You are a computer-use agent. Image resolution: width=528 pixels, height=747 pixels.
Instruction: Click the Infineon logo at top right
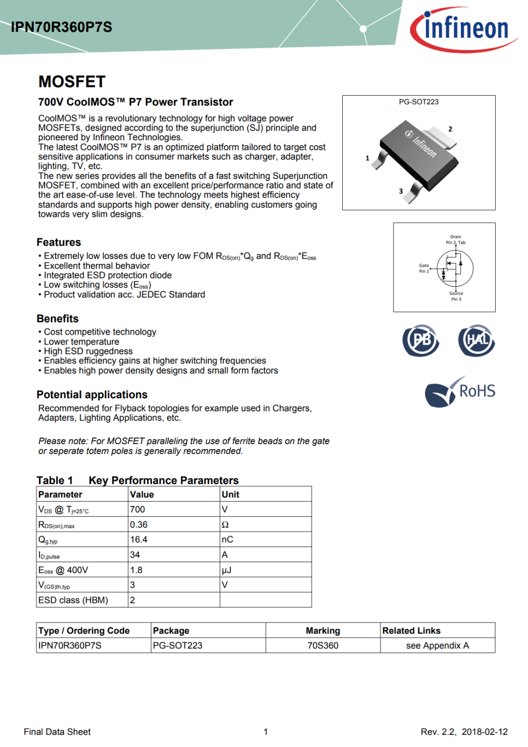pyautogui.click(x=463, y=29)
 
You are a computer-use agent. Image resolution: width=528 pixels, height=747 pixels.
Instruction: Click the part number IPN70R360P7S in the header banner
pyautogui.click(x=62, y=27)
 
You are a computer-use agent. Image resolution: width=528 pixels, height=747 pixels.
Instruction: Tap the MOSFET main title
pyautogui.click(x=72, y=82)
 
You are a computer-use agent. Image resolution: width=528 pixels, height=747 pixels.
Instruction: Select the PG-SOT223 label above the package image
pyautogui.click(x=418, y=102)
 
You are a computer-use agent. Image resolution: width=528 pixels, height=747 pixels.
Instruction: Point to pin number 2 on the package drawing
pyautogui.click(x=450, y=129)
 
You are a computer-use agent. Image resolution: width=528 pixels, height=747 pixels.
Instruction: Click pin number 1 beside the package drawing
pyautogui.click(x=367, y=158)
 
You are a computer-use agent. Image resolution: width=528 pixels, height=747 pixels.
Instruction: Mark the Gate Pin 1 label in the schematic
pyautogui.click(x=424, y=268)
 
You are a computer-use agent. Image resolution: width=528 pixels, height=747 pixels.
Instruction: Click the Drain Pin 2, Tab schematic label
pyautogui.click(x=456, y=239)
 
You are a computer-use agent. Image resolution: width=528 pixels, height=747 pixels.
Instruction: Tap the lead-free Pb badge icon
pyautogui.click(x=421, y=340)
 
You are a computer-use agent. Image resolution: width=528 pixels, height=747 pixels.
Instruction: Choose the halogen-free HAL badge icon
pyautogui.click(x=477, y=340)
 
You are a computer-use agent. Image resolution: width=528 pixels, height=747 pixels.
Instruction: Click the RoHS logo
pyautogui.click(x=460, y=392)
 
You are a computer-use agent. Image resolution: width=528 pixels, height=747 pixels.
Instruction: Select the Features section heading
pyautogui.click(x=59, y=242)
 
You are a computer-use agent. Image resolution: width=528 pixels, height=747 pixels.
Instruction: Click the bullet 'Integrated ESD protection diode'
pyautogui.click(x=108, y=276)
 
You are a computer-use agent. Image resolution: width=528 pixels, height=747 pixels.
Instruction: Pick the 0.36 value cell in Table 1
pyautogui.click(x=139, y=525)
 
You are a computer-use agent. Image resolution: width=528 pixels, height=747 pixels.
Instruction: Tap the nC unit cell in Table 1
pyautogui.click(x=227, y=540)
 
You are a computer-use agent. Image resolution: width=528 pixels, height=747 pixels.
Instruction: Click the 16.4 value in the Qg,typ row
pyautogui.click(x=139, y=540)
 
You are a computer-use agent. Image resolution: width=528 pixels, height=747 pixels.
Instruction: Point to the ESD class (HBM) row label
pyautogui.click(x=73, y=600)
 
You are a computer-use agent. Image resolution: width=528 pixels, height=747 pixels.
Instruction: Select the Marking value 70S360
pyautogui.click(x=323, y=646)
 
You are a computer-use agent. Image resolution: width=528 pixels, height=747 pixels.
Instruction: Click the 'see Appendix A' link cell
pyautogui.click(x=438, y=646)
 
